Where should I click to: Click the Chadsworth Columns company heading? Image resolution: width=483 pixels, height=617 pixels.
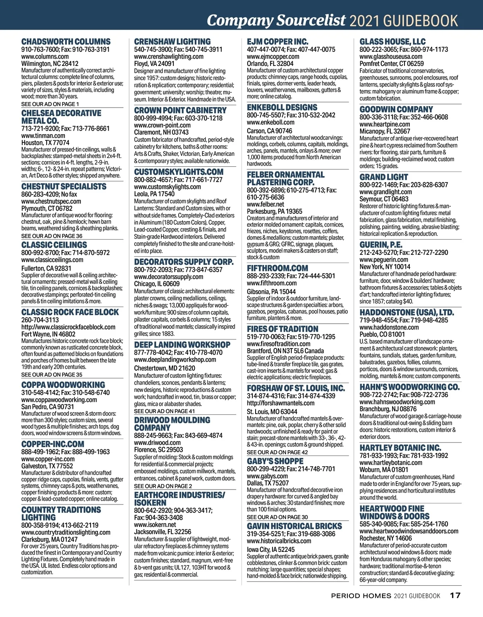66,42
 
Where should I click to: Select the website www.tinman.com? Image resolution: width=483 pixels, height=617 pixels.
43,136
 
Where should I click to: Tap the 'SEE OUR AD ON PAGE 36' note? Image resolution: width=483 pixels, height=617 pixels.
52,236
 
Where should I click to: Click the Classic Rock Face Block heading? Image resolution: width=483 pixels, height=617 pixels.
70,312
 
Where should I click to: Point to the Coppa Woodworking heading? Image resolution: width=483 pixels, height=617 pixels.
63,385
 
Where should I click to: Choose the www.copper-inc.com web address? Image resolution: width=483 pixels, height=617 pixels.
48,459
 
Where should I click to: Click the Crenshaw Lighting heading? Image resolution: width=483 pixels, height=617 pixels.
172,42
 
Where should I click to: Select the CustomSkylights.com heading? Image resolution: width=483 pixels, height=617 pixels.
178,172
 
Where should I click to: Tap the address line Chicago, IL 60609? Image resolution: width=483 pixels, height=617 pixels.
157,284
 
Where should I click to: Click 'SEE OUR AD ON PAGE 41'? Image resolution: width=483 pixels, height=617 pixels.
164,411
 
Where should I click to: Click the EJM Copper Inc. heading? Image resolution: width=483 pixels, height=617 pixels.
277,42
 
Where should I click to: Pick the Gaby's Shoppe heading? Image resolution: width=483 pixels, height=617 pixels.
275,461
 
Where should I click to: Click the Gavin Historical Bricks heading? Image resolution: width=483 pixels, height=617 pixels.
294,526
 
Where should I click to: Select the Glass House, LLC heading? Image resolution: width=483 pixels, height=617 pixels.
392,42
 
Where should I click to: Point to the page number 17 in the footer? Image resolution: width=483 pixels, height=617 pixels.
455,596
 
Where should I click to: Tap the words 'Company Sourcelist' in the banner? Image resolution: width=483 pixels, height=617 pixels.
276,20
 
